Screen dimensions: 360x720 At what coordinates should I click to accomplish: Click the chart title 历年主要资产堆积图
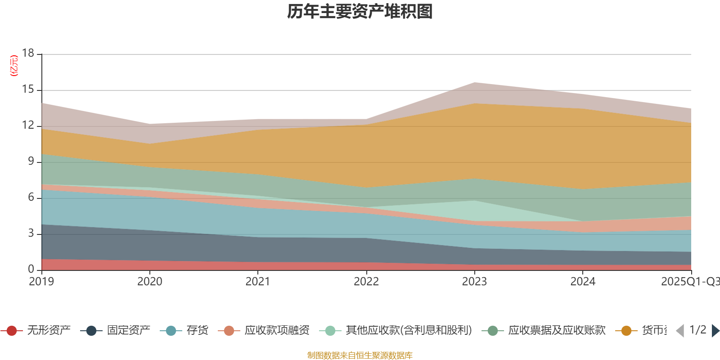(x=360, y=12)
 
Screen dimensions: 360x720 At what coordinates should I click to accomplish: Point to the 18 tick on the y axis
(x=28, y=53)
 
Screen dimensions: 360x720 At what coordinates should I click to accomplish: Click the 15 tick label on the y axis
(x=28, y=90)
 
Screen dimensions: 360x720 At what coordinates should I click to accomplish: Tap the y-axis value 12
(x=28, y=125)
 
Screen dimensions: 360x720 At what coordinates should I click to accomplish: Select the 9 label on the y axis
(x=31, y=161)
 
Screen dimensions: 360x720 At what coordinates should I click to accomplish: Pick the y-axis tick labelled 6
(x=31, y=197)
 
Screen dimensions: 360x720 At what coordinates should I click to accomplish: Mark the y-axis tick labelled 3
(x=31, y=233)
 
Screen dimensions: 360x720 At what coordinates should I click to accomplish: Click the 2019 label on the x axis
(x=41, y=282)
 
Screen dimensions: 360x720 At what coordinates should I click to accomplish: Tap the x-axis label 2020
(x=149, y=282)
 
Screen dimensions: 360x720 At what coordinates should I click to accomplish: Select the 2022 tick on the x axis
(x=366, y=282)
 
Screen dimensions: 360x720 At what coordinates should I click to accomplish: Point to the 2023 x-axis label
(x=474, y=282)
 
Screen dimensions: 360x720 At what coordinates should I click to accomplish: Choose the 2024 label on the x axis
(x=583, y=282)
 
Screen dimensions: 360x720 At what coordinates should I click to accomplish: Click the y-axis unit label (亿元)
(x=14, y=66)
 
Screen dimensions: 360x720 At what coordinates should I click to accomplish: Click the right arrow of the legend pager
(x=715, y=331)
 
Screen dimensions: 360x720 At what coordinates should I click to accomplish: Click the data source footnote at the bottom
(x=360, y=355)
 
